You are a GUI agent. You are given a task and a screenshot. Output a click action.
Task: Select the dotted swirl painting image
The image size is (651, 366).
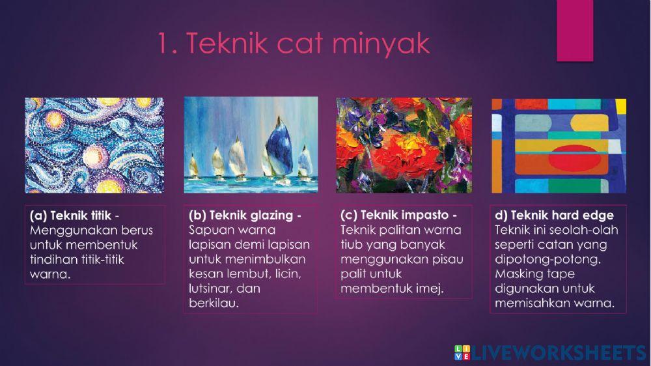click(x=94, y=145)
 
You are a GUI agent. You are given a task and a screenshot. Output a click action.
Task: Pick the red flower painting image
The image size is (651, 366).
click(x=404, y=145)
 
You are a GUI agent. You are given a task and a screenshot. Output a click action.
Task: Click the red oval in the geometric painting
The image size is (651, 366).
click(x=559, y=148)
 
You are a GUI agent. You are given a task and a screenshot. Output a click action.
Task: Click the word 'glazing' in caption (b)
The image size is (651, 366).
click(x=268, y=216)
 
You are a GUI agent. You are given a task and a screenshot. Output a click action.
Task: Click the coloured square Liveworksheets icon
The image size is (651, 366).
click(x=462, y=352)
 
